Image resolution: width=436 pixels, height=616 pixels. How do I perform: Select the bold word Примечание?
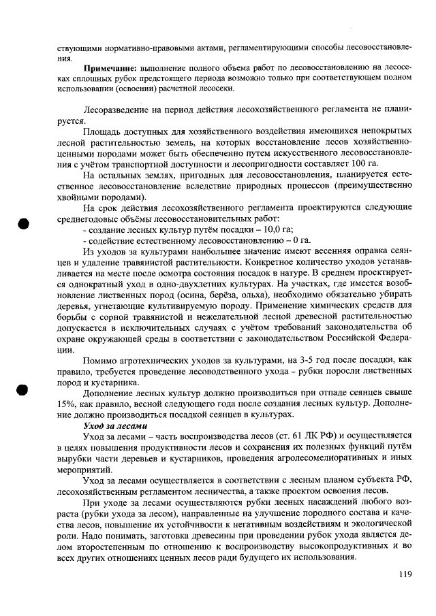pos(109,68)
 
